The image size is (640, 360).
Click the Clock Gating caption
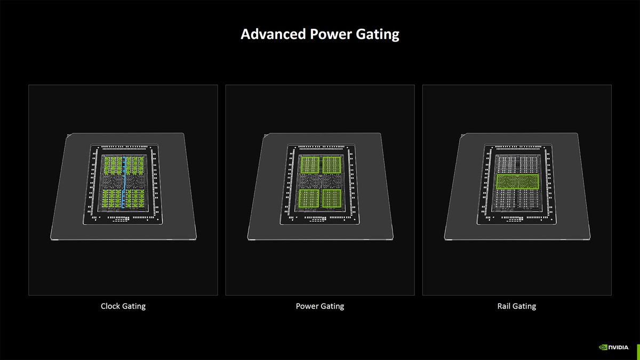click(x=123, y=306)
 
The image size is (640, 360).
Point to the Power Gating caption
click(x=319, y=306)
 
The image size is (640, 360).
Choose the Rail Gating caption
click(x=516, y=306)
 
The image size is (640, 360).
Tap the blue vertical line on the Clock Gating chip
click(x=124, y=181)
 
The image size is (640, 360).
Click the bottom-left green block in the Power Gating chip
click(x=309, y=198)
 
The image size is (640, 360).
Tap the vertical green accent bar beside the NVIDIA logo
click(x=637, y=346)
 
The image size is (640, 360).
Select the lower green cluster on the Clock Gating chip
click(x=123, y=198)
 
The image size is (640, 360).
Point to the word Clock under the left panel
click(x=110, y=306)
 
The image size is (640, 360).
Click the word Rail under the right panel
click(x=505, y=306)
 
